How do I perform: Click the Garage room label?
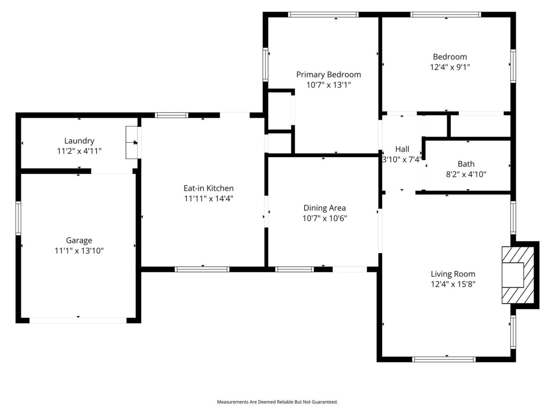pyautogui.click(x=79, y=240)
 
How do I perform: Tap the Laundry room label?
pyautogui.click(x=79, y=141)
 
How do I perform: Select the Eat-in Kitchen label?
pyautogui.click(x=208, y=188)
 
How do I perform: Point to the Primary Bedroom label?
pyautogui.click(x=328, y=74)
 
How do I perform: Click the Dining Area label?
pyautogui.click(x=325, y=208)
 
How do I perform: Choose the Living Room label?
pyautogui.click(x=453, y=274)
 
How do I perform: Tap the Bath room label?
pyautogui.click(x=466, y=164)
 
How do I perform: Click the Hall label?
pyautogui.click(x=402, y=149)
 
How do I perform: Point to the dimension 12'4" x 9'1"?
pyautogui.click(x=450, y=67)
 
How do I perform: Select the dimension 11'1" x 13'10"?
pyautogui.click(x=79, y=251)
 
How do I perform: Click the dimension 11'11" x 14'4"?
pyautogui.click(x=208, y=199)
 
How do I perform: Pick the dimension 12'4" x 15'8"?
pyautogui.click(x=453, y=284)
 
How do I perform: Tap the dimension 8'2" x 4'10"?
pyautogui.click(x=466, y=174)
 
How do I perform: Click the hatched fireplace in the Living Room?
pyautogui.click(x=518, y=275)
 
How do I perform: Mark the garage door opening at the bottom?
pyautogui.click(x=78, y=320)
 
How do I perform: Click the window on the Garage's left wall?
pyautogui.click(x=18, y=218)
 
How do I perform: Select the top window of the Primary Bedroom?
pyautogui.click(x=323, y=15)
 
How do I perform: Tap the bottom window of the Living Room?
pyautogui.click(x=444, y=360)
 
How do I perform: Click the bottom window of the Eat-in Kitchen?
pyautogui.click(x=202, y=269)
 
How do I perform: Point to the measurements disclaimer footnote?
pyautogui.click(x=277, y=402)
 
